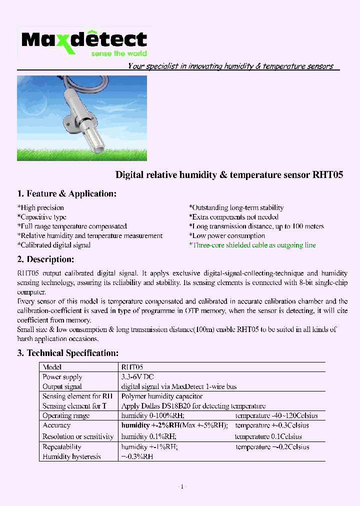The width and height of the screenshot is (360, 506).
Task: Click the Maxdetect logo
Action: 84,40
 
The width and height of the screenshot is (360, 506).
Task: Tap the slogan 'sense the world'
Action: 118,53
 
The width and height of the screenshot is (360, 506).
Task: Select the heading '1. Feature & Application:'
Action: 66,193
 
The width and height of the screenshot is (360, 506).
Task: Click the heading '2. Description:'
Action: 45,259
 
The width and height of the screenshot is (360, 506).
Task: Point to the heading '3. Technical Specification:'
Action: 67,353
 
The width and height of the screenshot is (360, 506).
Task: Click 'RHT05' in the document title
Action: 327,175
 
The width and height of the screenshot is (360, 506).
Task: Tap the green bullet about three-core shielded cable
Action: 252,245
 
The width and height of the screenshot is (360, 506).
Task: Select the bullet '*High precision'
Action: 40,207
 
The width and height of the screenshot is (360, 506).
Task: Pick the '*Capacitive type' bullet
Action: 41,217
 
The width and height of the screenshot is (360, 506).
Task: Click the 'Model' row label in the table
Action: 52,367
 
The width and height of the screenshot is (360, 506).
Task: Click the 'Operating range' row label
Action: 66,415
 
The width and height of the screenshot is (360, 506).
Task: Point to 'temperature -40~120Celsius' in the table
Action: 276,415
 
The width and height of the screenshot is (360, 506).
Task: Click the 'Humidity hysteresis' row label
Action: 71,456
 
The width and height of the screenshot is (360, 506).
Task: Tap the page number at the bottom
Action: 182,486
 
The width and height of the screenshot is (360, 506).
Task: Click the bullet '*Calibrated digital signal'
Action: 54,245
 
